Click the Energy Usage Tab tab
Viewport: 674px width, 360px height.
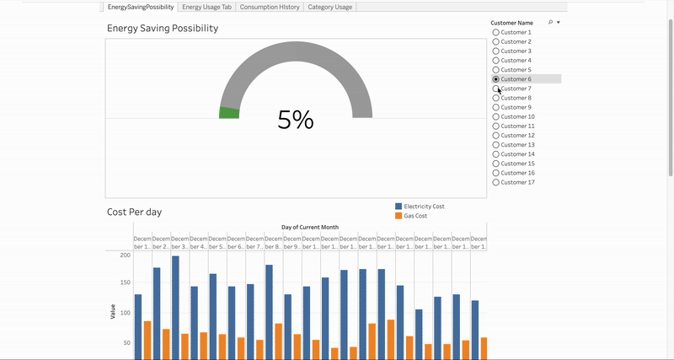pos(206,7)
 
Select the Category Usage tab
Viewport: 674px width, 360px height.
pos(329,7)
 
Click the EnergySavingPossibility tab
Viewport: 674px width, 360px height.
pos(141,7)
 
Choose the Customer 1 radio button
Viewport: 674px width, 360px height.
pos(496,32)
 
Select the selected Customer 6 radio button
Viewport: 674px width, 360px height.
pos(496,79)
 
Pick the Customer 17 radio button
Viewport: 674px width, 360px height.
pos(496,182)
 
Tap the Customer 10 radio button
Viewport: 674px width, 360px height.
pos(496,116)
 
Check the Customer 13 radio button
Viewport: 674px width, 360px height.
pos(496,145)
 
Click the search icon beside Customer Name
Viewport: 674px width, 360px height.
pos(550,23)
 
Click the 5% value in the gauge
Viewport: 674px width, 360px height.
pos(296,121)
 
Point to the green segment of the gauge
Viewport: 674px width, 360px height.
pos(229,112)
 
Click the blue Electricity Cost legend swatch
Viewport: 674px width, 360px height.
pos(399,207)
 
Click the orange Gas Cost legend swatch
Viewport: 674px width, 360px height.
pos(399,216)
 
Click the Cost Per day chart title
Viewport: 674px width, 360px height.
pos(134,212)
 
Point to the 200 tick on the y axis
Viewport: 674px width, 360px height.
pos(126,255)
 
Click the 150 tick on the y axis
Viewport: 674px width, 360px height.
pos(126,284)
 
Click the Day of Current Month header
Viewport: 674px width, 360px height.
pos(310,228)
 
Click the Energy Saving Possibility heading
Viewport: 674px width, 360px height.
pos(163,29)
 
